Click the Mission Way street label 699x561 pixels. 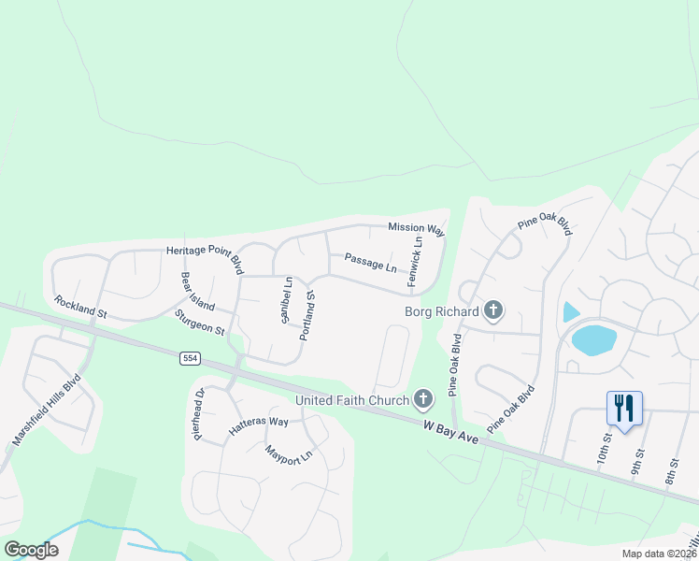coord(416,228)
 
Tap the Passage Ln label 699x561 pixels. coord(370,263)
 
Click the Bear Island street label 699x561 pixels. coord(198,293)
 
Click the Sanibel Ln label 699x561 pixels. coord(287,299)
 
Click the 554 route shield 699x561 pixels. coord(191,358)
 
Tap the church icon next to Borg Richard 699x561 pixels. coord(493,310)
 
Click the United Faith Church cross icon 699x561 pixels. coord(422,400)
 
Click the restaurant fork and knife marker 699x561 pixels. coord(624,408)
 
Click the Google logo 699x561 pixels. coord(32,550)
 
